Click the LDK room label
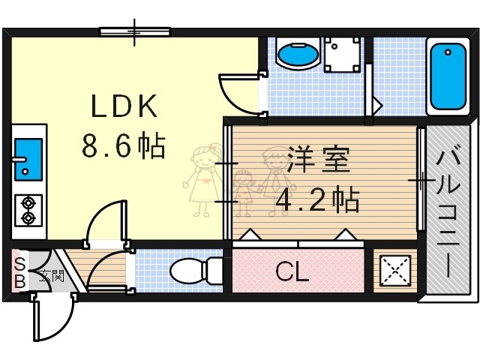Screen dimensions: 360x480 (124, 107)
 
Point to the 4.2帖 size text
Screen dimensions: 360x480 (317, 200)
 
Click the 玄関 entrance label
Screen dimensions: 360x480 (52, 275)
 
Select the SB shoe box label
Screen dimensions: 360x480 (20, 272)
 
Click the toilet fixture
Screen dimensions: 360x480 (193, 270)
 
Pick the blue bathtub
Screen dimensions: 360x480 (448, 76)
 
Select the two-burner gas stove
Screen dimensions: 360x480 (28, 210)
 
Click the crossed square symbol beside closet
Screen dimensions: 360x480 (394, 271)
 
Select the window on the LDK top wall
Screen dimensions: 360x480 (135, 31)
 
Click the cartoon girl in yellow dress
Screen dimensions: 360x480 (202, 181)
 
